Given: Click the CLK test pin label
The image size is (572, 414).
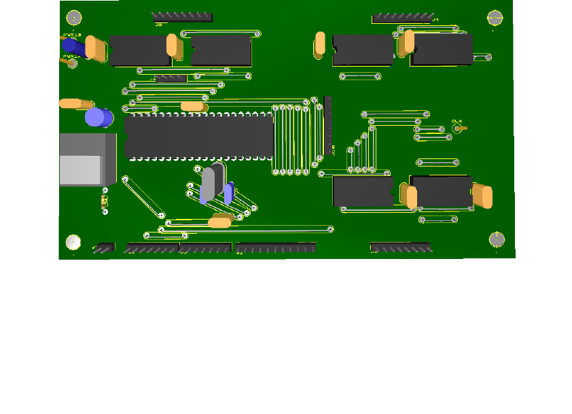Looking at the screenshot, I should [x=457, y=122].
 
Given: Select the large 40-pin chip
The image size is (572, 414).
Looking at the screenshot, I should [x=199, y=136].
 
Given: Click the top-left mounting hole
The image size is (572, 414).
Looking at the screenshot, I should [x=74, y=18].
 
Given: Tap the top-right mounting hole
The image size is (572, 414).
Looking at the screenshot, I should [x=495, y=18].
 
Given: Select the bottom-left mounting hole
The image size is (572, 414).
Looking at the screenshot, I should [x=73, y=241].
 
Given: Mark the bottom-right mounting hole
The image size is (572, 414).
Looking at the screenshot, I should [x=497, y=239].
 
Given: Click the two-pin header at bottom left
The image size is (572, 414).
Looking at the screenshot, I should [x=103, y=248].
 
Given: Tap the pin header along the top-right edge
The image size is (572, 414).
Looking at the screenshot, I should [x=403, y=17].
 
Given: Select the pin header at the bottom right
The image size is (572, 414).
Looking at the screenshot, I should [x=400, y=247].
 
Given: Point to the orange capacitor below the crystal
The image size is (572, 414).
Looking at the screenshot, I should [x=221, y=222].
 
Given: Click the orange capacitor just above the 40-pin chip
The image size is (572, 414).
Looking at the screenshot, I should [x=194, y=106].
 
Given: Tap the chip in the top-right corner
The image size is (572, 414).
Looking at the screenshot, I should [x=442, y=50].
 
